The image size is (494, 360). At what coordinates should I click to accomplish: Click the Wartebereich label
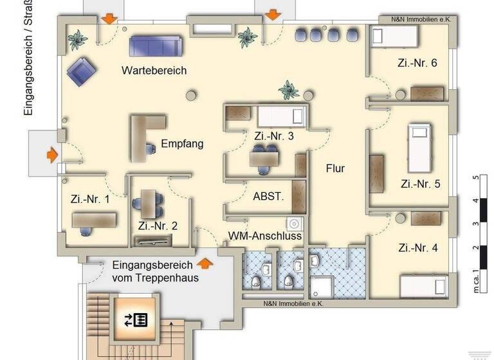point(154,71)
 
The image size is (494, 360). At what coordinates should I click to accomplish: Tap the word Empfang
point(182,143)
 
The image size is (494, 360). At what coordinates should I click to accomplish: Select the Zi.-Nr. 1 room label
point(90,199)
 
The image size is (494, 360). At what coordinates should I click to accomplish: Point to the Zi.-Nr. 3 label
point(274,136)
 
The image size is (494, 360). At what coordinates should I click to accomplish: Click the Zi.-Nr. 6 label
point(417,63)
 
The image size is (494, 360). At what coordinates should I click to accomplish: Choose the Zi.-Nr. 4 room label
point(417,248)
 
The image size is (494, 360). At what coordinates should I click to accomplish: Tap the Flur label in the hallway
point(335,168)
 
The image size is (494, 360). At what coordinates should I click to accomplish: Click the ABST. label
point(268,197)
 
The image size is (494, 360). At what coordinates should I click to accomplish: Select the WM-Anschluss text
point(265,236)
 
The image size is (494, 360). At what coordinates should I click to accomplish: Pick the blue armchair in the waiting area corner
point(81,71)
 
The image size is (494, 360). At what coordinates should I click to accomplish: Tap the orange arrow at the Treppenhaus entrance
point(205,262)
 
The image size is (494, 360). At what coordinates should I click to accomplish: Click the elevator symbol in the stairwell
point(136,319)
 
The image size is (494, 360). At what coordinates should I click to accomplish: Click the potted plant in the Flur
point(289,90)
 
